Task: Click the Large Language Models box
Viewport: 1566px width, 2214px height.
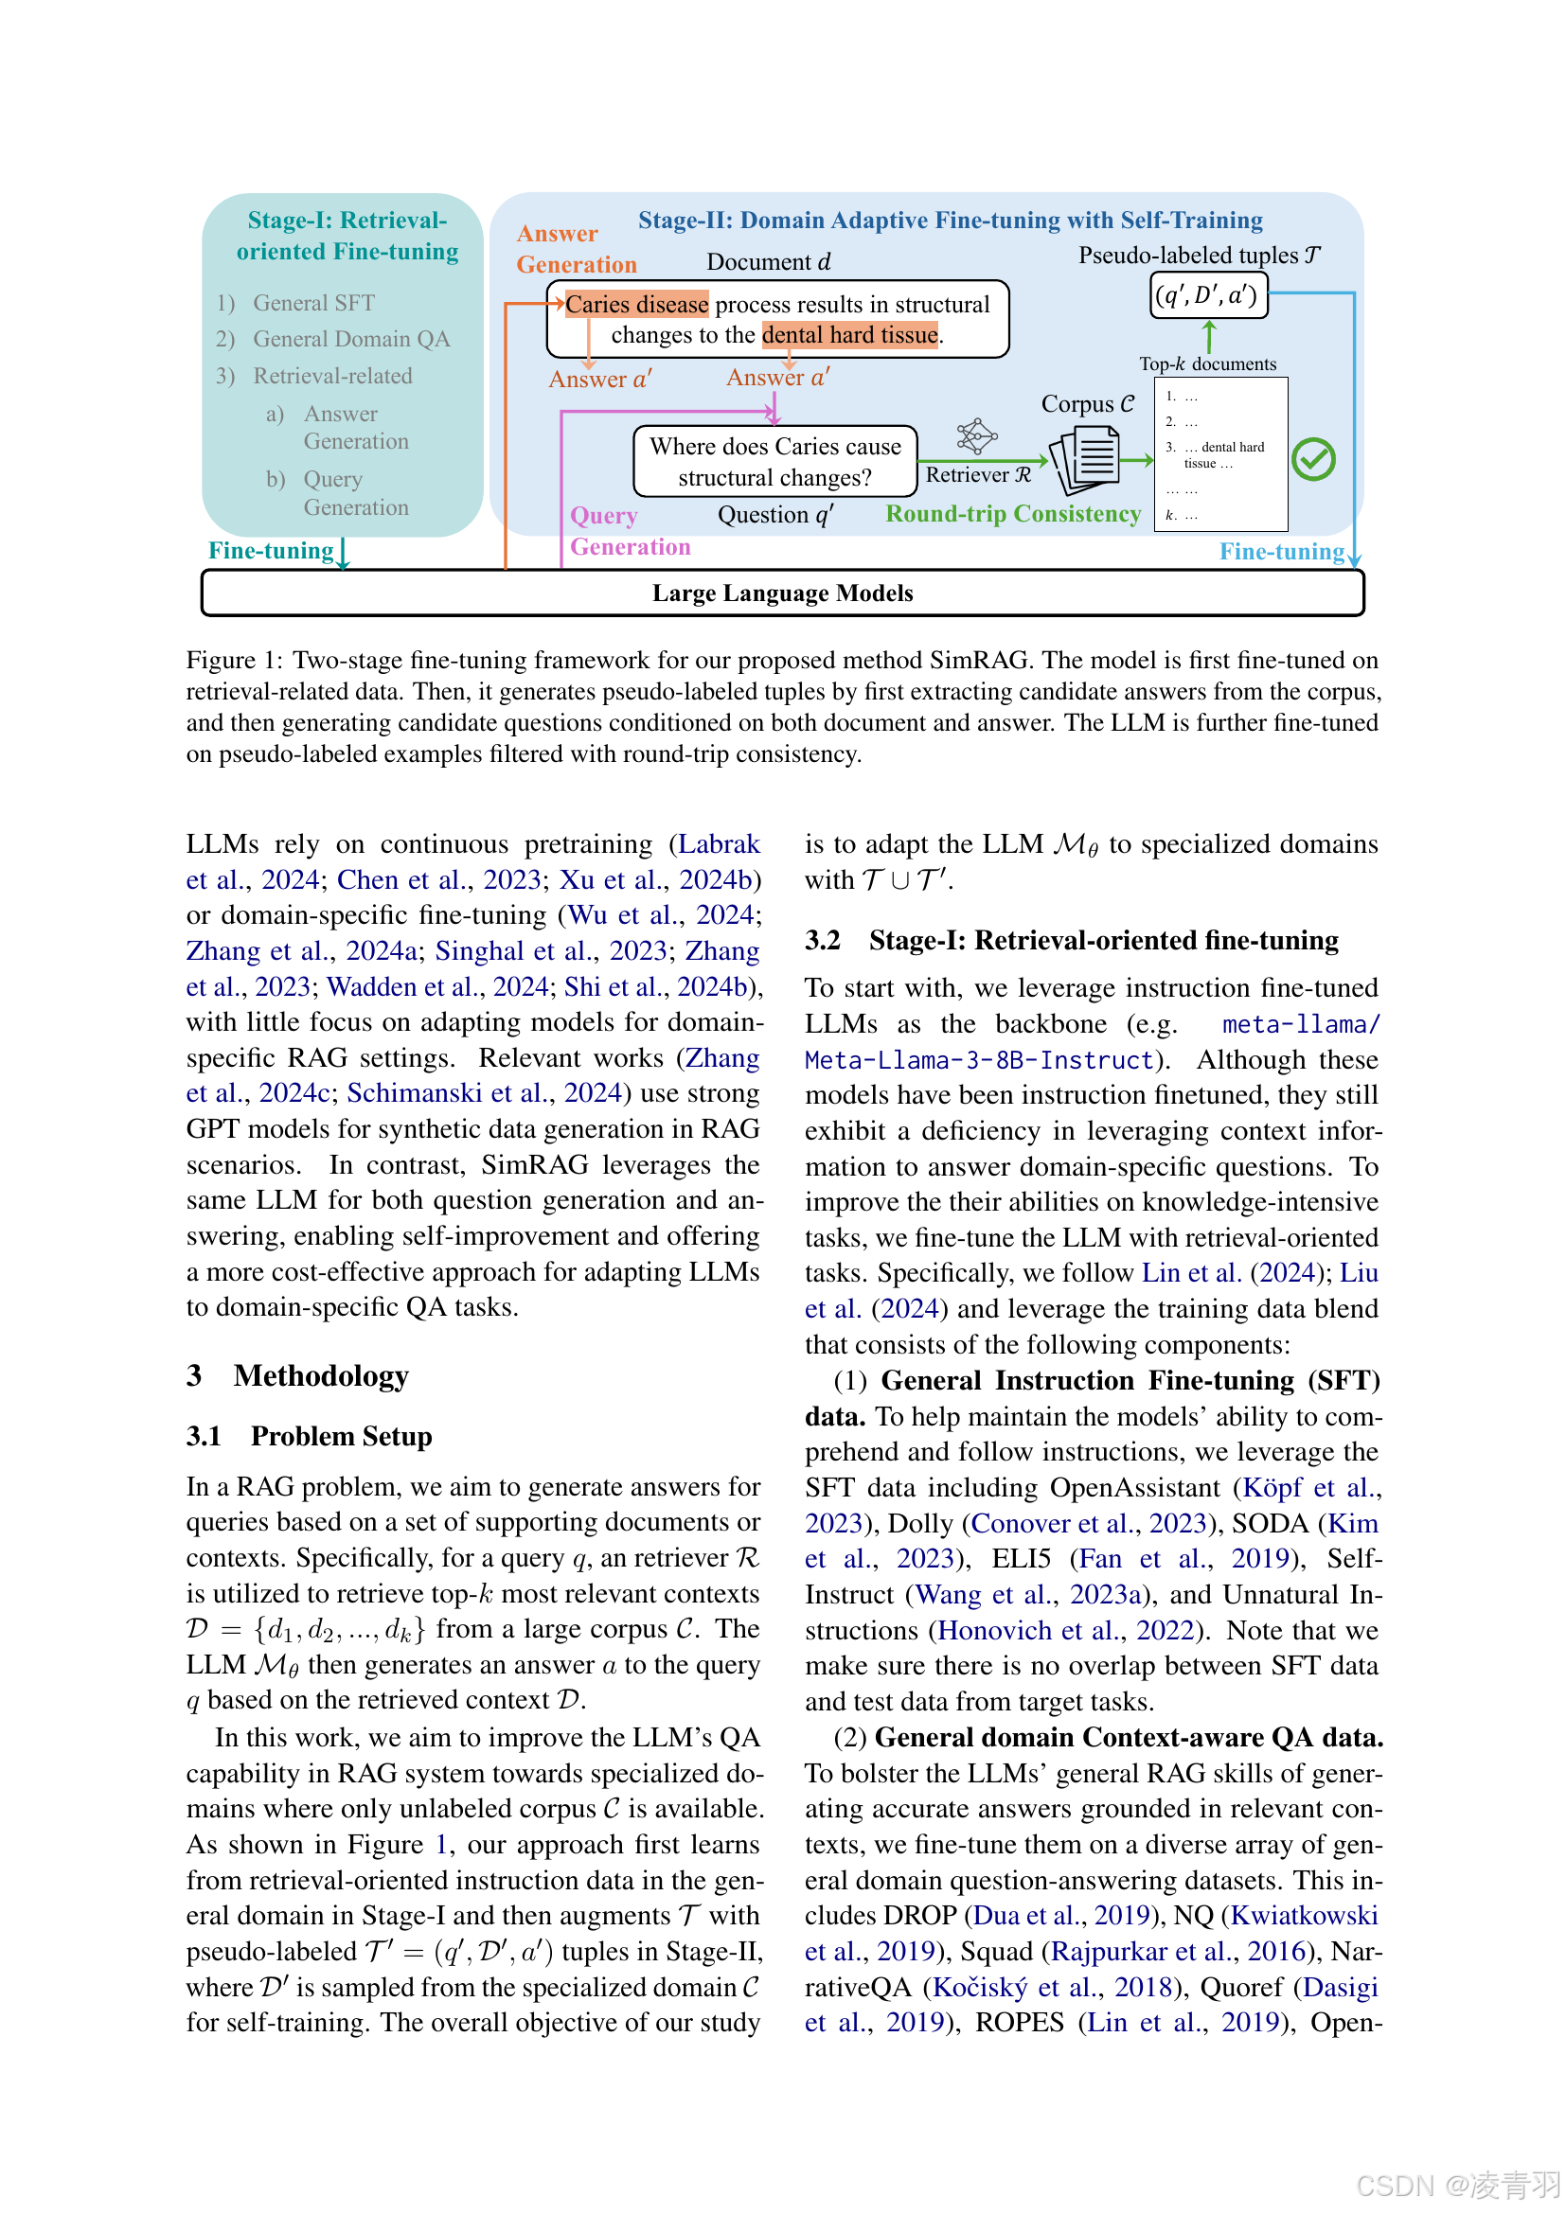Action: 782,593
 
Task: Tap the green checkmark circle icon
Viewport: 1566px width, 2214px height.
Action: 1312,459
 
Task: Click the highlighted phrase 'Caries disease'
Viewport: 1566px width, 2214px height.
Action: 636,305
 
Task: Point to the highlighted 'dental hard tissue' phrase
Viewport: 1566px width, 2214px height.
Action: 849,336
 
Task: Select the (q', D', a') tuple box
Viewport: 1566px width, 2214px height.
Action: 1207,295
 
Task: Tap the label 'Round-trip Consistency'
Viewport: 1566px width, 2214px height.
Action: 1012,514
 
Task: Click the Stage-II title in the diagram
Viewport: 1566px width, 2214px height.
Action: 950,221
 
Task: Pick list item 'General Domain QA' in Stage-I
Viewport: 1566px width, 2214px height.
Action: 351,340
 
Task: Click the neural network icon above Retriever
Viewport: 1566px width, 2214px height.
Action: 976,435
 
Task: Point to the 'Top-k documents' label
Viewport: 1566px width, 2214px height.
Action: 1207,363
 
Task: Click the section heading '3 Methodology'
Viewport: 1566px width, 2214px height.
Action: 298,1375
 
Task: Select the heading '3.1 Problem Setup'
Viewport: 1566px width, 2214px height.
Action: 310,1436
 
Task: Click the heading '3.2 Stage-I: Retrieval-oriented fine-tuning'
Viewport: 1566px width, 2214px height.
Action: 1072,940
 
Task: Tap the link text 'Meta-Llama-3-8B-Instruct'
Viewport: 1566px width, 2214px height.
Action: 979,1060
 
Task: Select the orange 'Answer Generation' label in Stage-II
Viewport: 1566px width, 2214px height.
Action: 576,249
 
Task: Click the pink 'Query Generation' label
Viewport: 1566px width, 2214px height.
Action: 629,531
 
